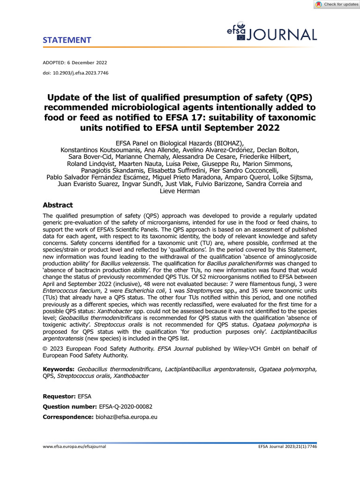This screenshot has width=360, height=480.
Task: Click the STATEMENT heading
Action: [67, 40]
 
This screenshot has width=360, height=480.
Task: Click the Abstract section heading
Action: [58, 205]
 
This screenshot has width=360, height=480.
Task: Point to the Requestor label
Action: [60, 397]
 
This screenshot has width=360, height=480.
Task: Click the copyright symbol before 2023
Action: [45, 348]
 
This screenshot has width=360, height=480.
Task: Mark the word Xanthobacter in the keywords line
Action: [132, 376]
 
